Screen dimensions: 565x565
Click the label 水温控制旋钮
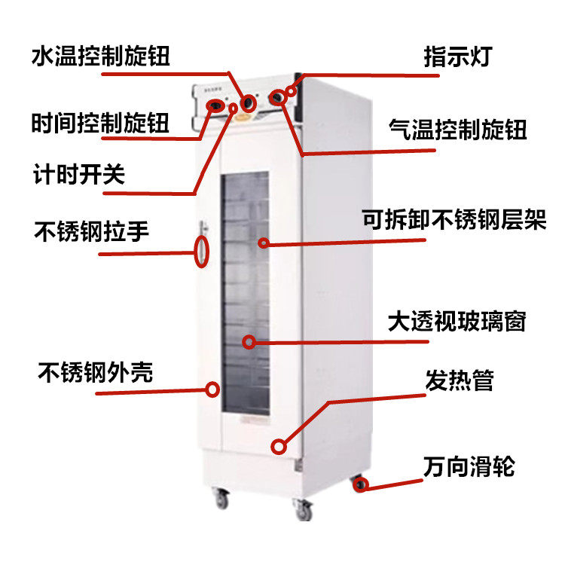click(x=101, y=56)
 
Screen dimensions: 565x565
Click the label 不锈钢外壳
click(x=95, y=372)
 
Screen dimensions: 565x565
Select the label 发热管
click(x=460, y=380)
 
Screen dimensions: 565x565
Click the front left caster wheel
click(x=220, y=497)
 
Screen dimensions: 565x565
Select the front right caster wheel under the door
click(x=304, y=512)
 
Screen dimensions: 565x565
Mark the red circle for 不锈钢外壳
click(x=212, y=389)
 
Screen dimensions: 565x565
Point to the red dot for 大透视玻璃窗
click(x=249, y=341)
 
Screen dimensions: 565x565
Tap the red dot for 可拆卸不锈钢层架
click(x=264, y=243)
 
